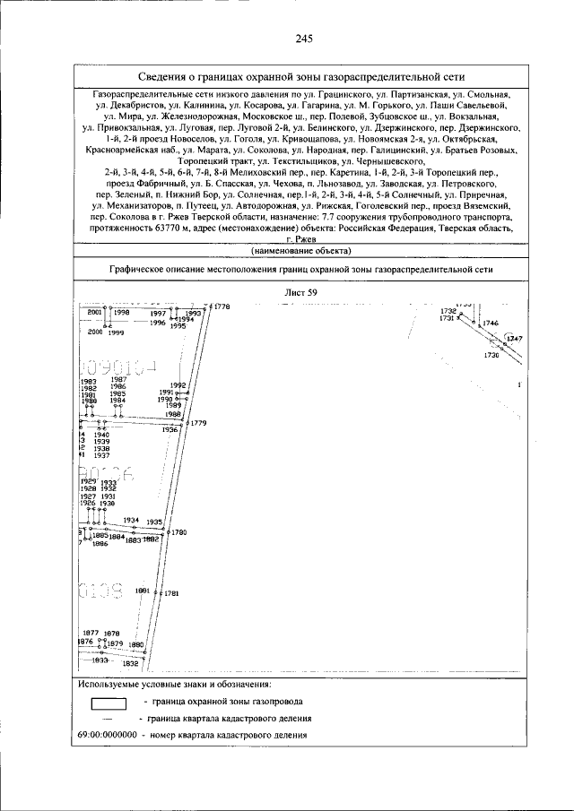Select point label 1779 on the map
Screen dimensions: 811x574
(198, 423)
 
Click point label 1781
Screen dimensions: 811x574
(171, 593)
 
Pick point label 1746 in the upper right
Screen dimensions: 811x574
(490, 323)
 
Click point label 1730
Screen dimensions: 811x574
(491, 356)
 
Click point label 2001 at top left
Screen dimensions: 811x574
(93, 312)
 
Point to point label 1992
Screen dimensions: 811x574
(177, 385)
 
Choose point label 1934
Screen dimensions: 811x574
(131, 520)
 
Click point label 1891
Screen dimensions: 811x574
(142, 591)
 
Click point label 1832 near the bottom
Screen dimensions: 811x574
(131, 664)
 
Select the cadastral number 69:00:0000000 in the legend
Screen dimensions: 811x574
(108, 736)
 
